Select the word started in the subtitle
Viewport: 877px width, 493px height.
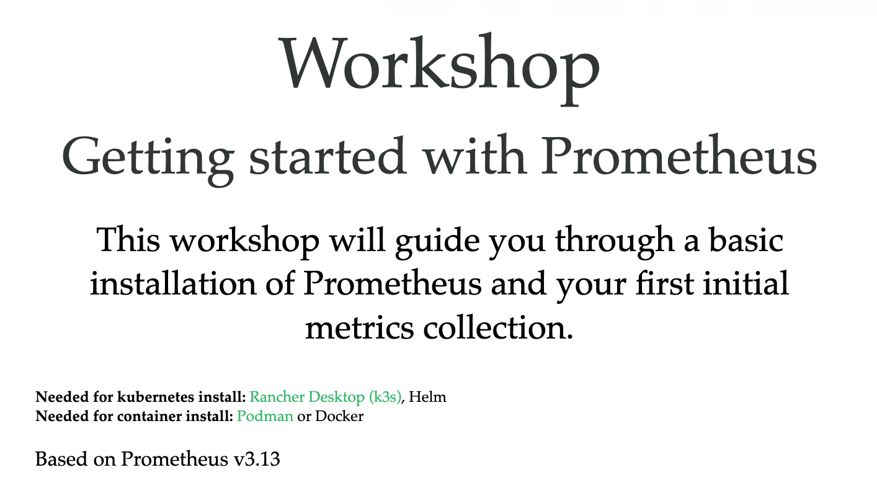click(x=327, y=155)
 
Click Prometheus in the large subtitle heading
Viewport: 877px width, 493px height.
click(x=679, y=155)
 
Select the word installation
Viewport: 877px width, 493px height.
click(x=173, y=283)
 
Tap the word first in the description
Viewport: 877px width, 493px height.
click(x=666, y=283)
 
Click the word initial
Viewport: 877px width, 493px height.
click(x=746, y=283)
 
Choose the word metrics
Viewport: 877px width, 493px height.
click(x=359, y=327)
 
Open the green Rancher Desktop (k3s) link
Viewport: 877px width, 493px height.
click(x=326, y=398)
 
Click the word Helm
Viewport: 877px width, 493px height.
click(x=427, y=397)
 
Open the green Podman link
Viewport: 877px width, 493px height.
click(x=265, y=416)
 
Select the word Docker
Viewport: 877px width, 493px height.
click(x=339, y=416)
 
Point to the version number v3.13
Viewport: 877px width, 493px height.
click(x=257, y=460)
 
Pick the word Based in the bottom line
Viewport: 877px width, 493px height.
click(x=61, y=459)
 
